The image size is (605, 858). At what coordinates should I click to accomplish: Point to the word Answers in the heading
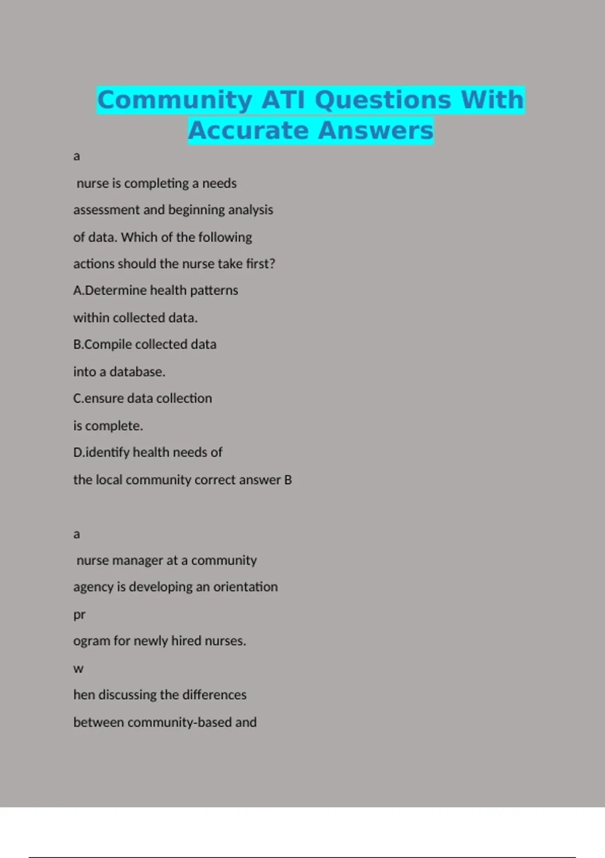pyautogui.click(x=376, y=130)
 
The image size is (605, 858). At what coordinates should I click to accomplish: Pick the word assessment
pyautogui.click(x=106, y=210)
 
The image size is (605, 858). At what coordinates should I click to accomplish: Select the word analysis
pyautogui.click(x=250, y=210)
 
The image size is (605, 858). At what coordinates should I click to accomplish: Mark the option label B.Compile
pyautogui.click(x=102, y=345)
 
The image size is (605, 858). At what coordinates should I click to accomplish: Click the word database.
pyautogui.click(x=137, y=372)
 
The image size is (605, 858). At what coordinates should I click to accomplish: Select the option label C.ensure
pyautogui.click(x=98, y=399)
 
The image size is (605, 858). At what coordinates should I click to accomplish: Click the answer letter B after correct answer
pyautogui.click(x=288, y=480)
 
